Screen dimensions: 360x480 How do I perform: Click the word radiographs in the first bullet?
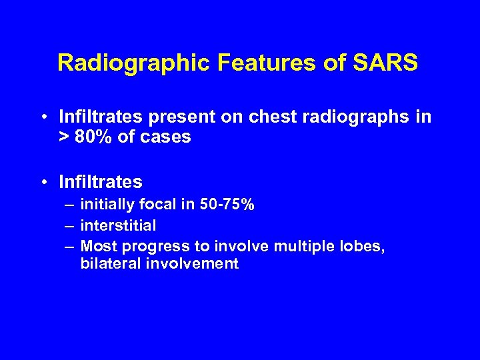pos(356,118)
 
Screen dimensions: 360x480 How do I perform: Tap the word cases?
pos(167,137)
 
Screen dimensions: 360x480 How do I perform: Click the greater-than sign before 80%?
pos(63,138)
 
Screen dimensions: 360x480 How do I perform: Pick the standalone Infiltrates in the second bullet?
pos(100,182)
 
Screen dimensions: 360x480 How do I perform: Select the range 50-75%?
pos(227,205)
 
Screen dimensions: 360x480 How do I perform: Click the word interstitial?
pos(118,225)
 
